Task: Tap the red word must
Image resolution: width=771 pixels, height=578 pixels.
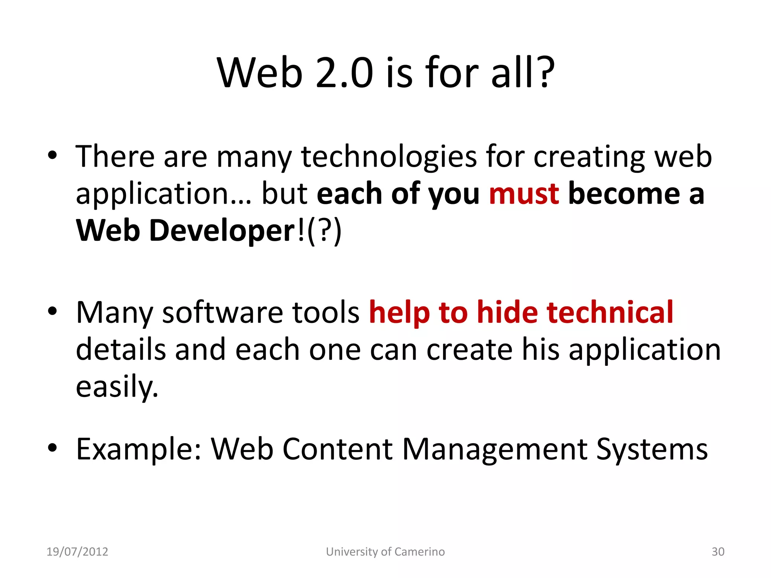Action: pyautogui.click(x=524, y=194)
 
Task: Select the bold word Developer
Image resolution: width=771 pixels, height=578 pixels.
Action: pyautogui.click(x=222, y=230)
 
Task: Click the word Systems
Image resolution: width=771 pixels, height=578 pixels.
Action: pyautogui.click(x=652, y=449)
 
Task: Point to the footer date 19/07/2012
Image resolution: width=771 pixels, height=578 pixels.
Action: pyautogui.click(x=77, y=552)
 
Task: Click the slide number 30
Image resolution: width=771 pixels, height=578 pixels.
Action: pyautogui.click(x=718, y=552)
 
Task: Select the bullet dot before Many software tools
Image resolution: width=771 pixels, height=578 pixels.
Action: pyautogui.click(x=52, y=311)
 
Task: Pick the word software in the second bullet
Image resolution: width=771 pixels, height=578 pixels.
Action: pyautogui.click(x=222, y=312)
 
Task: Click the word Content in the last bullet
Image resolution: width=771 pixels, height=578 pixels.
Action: pyautogui.click(x=338, y=449)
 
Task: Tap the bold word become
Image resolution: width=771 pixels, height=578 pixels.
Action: pyautogui.click(x=625, y=194)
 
